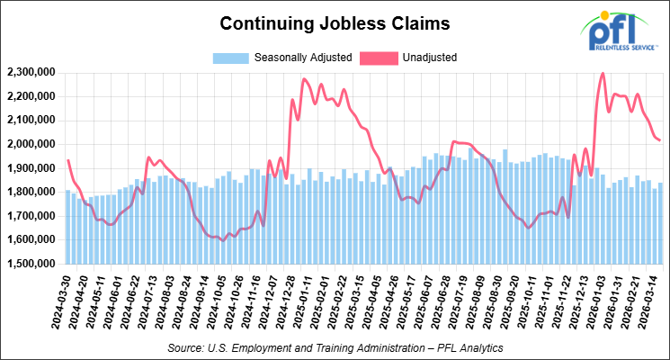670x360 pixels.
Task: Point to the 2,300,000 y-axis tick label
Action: [31, 72]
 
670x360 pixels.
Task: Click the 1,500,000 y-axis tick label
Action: [31, 264]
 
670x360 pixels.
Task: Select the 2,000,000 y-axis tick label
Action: [31, 144]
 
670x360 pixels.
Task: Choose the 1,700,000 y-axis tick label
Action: [31, 216]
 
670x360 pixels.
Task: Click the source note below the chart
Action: [335, 346]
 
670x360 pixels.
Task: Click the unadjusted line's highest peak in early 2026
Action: [602, 74]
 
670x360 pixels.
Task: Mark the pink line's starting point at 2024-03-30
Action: [68, 160]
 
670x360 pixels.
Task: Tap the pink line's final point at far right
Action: [659, 140]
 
